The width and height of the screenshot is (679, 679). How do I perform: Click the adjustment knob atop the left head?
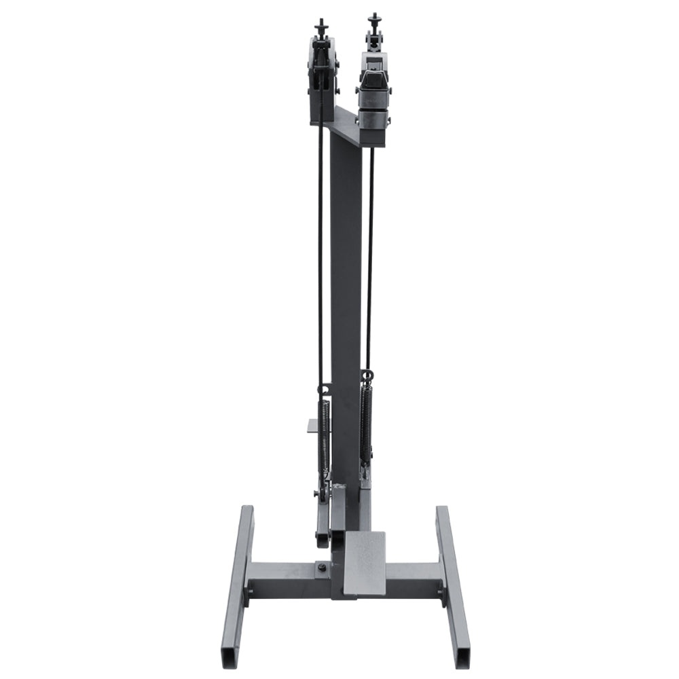tap(320, 27)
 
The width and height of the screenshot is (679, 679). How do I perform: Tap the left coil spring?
tap(325, 435)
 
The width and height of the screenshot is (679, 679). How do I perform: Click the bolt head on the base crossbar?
tap(320, 566)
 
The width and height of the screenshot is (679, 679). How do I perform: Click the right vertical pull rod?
tap(371, 258)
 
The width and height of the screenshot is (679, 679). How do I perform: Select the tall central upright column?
tap(346, 306)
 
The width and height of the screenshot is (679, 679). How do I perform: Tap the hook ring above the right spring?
tap(367, 375)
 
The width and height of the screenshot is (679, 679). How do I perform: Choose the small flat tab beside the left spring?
tap(312, 426)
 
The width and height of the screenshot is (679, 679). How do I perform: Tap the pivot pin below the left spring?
tap(318, 493)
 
